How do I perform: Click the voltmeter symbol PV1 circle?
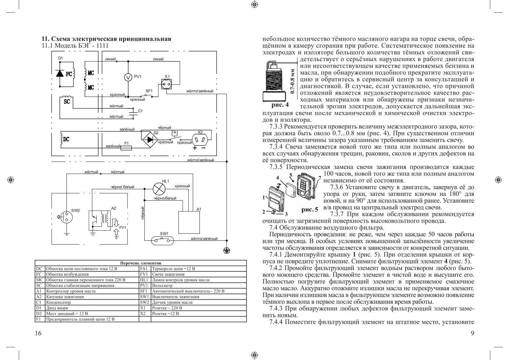128,77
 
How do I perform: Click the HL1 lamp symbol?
158,189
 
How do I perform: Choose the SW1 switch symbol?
162,240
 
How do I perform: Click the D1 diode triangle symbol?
60,73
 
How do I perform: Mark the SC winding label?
67,102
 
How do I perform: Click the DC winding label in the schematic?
66,139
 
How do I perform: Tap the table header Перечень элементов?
141,263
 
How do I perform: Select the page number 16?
38,333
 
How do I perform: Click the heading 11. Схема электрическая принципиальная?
107,39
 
